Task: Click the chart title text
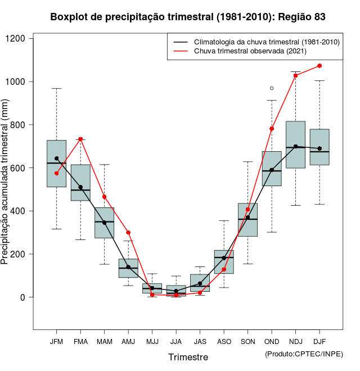[x=188, y=17]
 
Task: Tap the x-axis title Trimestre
[x=188, y=357]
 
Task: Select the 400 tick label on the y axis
[x=18, y=211]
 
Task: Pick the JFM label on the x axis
[x=56, y=341]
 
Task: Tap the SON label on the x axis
[x=247, y=341]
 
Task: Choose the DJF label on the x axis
[x=319, y=341]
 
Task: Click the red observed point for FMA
[x=80, y=139]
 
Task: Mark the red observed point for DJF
[x=319, y=66]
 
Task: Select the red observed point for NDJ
[x=296, y=75]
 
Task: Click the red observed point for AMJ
[x=128, y=232]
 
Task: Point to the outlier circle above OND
[x=272, y=88]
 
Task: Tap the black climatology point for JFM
[x=56, y=159]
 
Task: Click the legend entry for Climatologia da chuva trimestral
[x=266, y=42]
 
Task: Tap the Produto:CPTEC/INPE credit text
[x=304, y=354]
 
